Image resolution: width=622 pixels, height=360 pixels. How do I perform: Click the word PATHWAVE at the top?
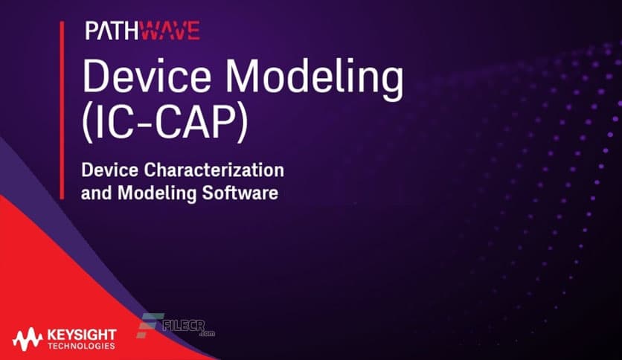(141, 30)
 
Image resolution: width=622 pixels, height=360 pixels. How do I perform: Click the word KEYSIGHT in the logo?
(80, 336)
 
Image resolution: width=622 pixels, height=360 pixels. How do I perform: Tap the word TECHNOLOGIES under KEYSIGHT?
(80, 347)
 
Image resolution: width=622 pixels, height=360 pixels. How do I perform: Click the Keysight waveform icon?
(28, 341)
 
